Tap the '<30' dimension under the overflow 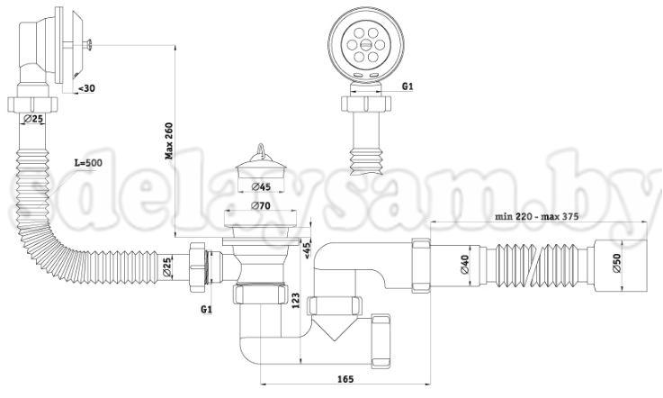88,88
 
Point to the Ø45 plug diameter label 262,186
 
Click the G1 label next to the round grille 407,86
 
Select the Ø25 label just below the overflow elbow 33,119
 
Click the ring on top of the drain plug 261,144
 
